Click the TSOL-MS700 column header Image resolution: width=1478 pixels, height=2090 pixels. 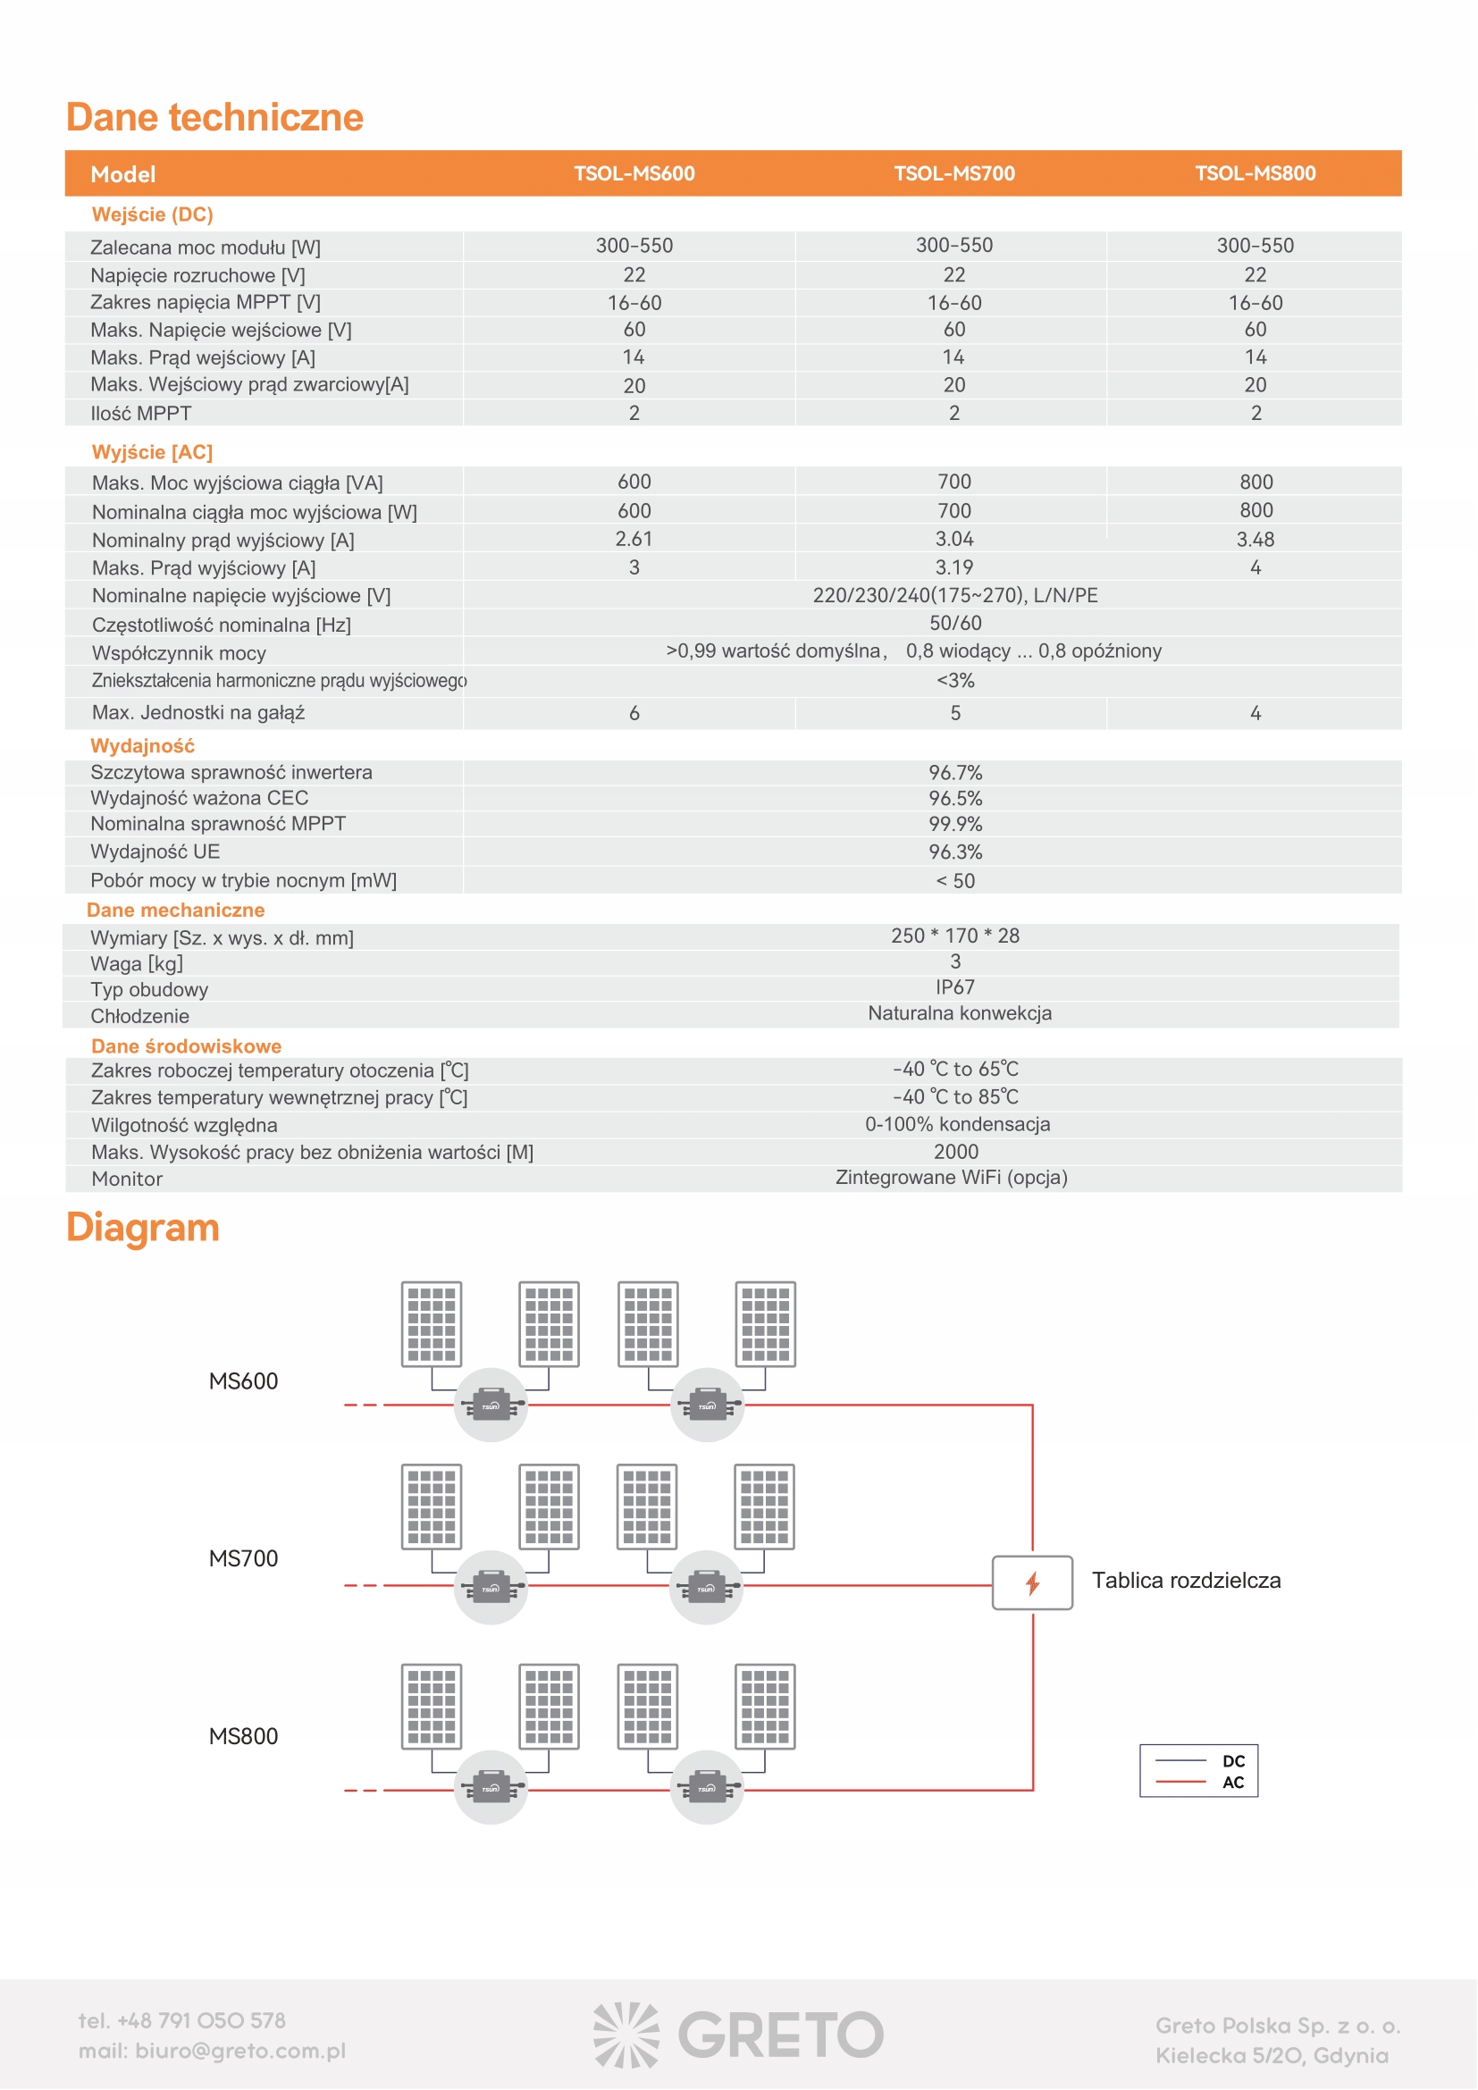click(953, 174)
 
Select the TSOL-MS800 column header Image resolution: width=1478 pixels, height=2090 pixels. click(1255, 174)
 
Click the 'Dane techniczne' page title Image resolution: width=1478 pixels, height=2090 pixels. click(214, 117)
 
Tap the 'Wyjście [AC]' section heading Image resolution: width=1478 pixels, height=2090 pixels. click(152, 452)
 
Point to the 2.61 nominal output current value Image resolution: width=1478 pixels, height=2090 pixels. click(634, 539)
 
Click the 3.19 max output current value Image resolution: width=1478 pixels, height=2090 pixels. click(953, 567)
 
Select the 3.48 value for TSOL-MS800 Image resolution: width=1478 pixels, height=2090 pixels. click(1255, 539)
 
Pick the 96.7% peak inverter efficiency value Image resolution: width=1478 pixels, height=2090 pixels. click(954, 773)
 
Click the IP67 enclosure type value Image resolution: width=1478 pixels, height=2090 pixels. click(954, 987)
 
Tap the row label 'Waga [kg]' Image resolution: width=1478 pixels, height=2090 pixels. click(137, 964)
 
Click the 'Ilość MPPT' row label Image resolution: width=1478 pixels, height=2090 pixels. click(141, 414)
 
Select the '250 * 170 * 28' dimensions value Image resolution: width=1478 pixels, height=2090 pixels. click(954, 936)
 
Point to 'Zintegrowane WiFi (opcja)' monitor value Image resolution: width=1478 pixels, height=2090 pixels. click(951, 1178)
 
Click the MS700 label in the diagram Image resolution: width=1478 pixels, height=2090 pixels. click(243, 1558)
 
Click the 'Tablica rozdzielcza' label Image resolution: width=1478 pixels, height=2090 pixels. click(1186, 1581)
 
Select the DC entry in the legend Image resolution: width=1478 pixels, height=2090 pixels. click(1232, 1761)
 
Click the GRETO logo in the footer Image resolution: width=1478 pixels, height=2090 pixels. click(739, 2035)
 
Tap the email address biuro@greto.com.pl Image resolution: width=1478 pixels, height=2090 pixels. click(240, 2051)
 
